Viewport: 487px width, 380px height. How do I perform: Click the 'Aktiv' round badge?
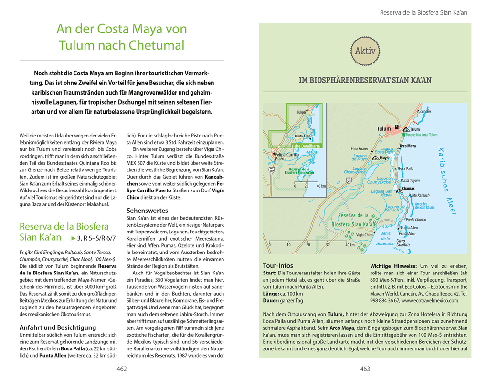(365, 51)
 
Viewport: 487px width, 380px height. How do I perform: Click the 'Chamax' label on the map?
(408, 189)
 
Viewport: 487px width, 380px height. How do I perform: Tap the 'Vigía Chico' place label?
(364, 235)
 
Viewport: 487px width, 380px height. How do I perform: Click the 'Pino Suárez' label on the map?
(360, 148)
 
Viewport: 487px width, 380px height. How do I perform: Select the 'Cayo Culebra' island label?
(402, 243)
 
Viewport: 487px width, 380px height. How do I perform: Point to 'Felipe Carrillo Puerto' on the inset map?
(287, 157)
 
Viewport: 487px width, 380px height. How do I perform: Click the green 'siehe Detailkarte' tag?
(306, 145)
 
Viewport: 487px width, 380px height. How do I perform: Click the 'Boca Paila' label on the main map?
(405, 168)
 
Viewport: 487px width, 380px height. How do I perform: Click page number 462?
(122, 369)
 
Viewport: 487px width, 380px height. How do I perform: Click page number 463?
(365, 369)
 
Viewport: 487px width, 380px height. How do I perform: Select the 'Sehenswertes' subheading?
(147, 210)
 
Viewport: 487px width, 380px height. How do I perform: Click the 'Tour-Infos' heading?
(278, 265)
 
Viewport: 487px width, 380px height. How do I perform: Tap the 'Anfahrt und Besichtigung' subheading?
(58, 327)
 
